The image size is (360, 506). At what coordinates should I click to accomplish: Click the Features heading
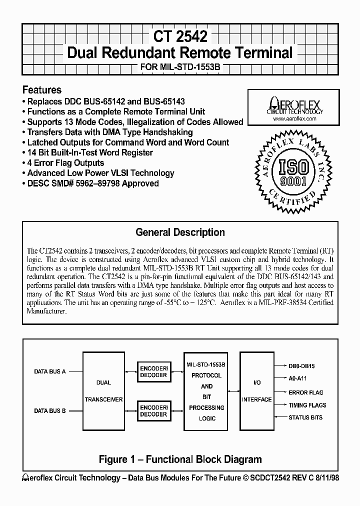(x=42, y=90)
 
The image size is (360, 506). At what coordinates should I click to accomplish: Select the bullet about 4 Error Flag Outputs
(x=63, y=163)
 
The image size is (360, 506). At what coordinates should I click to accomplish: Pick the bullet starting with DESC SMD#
(x=90, y=183)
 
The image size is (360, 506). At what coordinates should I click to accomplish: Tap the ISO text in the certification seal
(x=292, y=166)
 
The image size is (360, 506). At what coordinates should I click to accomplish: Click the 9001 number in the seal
(x=293, y=181)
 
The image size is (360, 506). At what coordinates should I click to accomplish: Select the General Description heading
(x=180, y=232)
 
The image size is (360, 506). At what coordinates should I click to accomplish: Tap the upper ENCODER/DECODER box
(x=153, y=372)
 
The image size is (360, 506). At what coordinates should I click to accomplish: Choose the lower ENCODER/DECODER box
(x=153, y=411)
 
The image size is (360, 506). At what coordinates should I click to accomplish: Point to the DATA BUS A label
(x=50, y=372)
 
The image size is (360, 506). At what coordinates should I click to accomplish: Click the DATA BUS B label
(x=50, y=411)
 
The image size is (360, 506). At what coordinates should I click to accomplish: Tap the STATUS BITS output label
(x=305, y=417)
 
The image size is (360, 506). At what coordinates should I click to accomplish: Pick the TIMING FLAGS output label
(x=307, y=405)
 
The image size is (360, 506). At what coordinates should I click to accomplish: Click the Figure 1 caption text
(x=180, y=459)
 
